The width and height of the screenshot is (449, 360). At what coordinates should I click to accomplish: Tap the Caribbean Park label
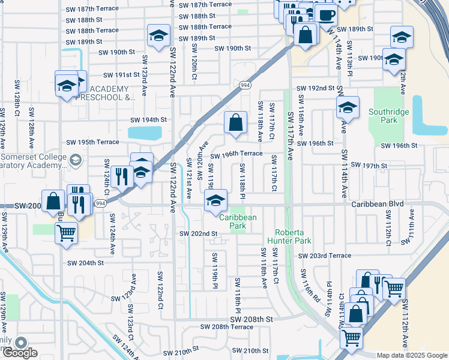pos(238,221)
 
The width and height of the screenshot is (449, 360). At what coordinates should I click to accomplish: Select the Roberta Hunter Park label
pos(293,236)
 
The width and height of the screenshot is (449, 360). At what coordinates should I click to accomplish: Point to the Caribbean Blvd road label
pos(378,204)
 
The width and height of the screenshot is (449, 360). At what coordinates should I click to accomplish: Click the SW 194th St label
pos(148,119)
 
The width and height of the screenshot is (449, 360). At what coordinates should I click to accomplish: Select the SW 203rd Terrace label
pos(324,256)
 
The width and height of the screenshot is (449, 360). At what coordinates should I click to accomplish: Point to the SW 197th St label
pos(368,165)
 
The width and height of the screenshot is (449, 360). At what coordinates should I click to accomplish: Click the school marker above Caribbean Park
pos(215,200)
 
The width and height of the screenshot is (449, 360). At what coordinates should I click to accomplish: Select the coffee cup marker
pos(326,15)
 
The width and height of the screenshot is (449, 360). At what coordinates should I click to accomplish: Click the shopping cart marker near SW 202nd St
pos(65,232)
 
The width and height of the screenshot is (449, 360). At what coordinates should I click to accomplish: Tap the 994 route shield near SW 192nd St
pos(245,86)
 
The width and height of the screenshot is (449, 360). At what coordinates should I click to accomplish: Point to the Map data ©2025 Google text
pos(411,355)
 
